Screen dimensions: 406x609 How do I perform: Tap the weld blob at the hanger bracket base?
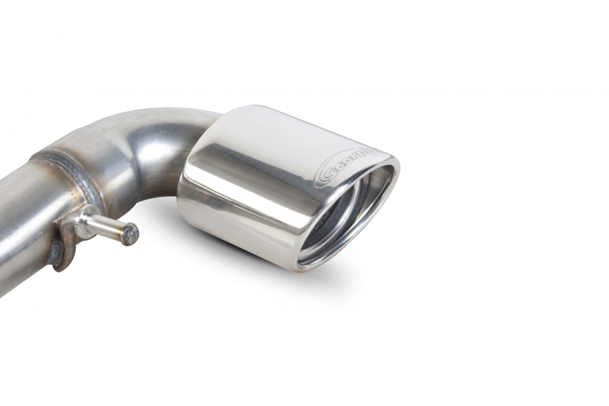[57, 252]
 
